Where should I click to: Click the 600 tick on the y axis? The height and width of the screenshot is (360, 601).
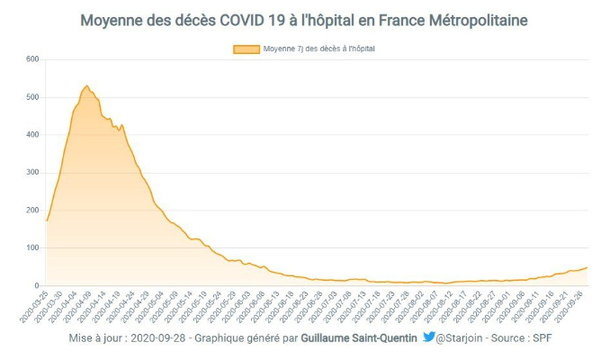click(x=33, y=59)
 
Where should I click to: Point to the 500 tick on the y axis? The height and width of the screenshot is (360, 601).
click(x=33, y=97)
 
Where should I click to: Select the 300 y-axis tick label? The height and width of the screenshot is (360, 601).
click(x=33, y=173)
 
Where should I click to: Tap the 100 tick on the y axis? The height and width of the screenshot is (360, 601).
click(x=33, y=247)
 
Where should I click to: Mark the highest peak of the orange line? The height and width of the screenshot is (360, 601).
click(x=86, y=86)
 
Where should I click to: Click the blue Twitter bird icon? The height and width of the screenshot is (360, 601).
click(x=429, y=338)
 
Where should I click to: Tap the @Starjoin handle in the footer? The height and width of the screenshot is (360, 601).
click(x=464, y=339)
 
